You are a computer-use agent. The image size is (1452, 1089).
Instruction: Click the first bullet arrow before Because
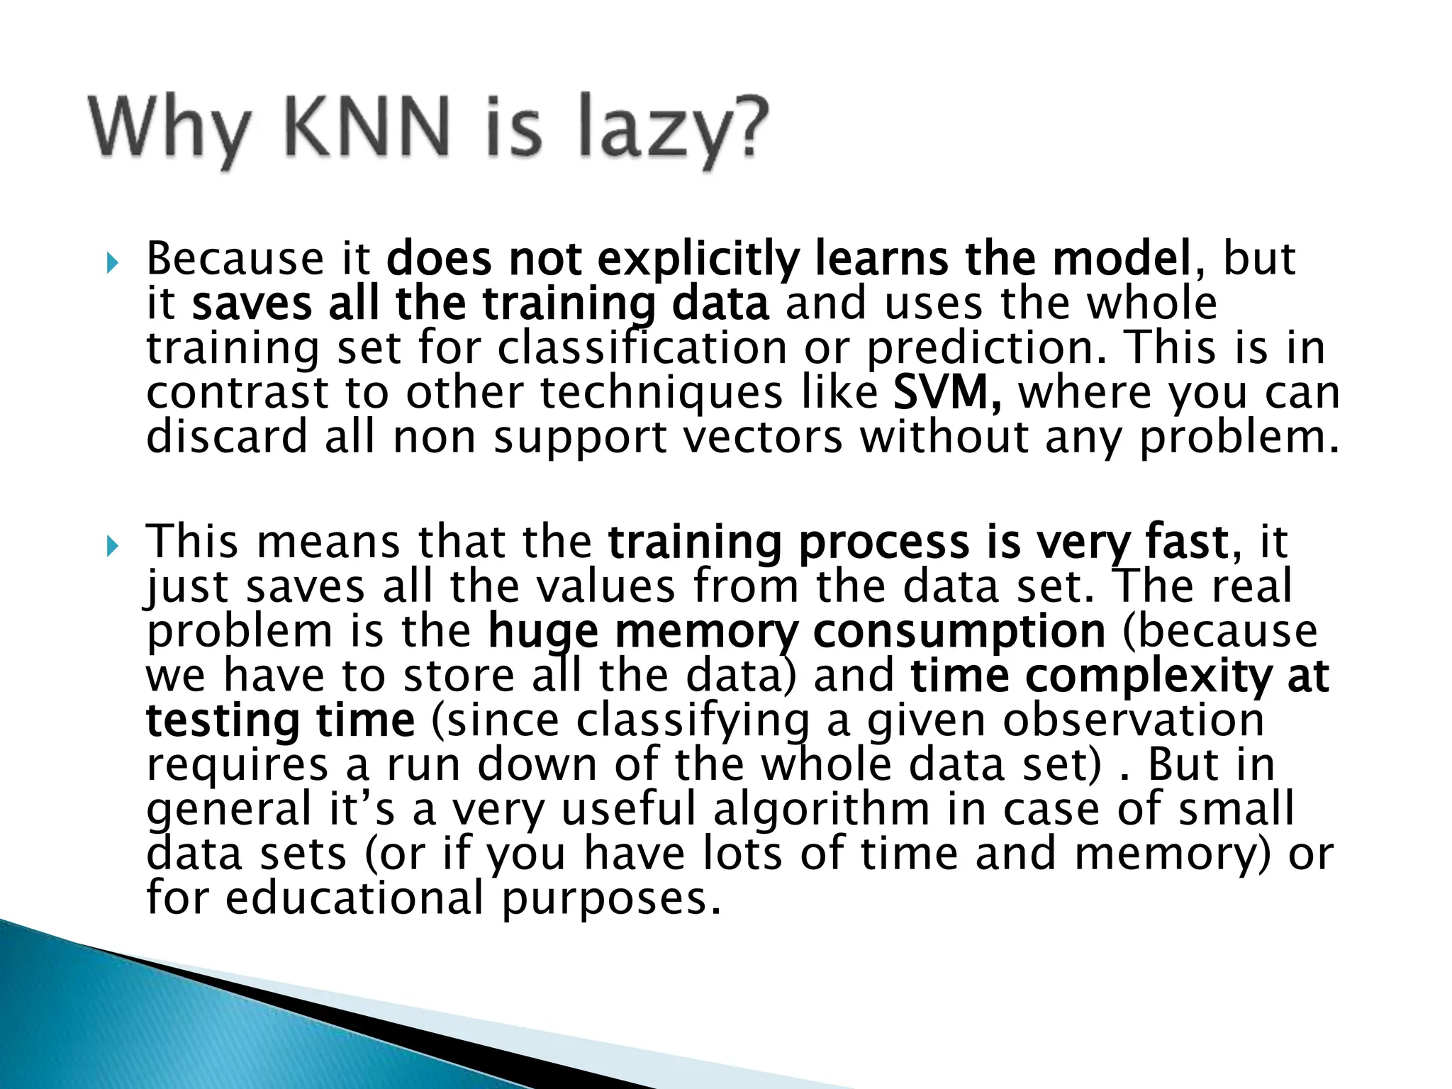111,264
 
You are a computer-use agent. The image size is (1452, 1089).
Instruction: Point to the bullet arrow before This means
111,547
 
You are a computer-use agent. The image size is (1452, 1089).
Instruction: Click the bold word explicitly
698,259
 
